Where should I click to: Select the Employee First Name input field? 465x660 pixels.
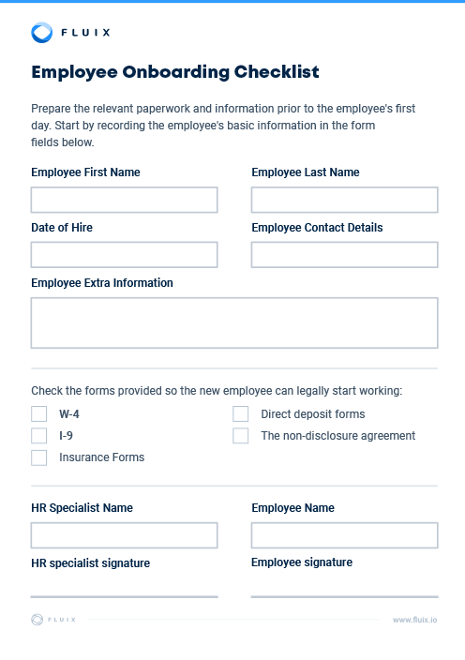124,200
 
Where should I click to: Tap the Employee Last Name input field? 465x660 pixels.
344,200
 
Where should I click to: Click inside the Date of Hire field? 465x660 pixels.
124,255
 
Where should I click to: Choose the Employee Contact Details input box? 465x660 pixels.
344,255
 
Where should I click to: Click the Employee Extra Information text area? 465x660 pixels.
233,323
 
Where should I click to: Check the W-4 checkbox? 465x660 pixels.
39,413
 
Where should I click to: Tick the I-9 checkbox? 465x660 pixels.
39,435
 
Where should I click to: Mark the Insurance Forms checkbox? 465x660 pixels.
39,457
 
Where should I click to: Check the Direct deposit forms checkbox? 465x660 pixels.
241,413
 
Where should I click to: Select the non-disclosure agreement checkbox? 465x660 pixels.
241,435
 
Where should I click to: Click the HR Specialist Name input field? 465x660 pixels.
124,535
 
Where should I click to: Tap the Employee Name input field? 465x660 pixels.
344,535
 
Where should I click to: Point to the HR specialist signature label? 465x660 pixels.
90,563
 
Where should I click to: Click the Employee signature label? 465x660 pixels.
302,562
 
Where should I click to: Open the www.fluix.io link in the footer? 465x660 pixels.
414,620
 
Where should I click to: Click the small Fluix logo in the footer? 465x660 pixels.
37,619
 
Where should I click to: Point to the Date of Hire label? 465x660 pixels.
62,228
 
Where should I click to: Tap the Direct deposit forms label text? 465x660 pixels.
313,413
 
